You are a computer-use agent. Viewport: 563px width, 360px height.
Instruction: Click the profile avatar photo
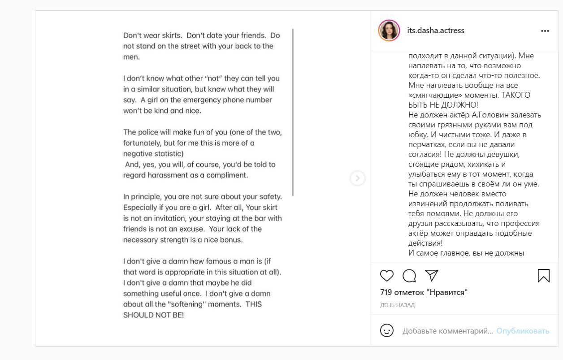(389, 30)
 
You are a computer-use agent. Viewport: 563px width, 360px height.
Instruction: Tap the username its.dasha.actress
(435, 30)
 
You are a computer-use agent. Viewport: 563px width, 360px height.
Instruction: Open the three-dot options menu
(545, 31)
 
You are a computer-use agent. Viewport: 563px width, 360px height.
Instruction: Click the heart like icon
(387, 276)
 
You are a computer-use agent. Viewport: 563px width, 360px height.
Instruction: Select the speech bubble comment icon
(409, 276)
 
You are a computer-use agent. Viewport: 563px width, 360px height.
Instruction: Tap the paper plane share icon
(431, 276)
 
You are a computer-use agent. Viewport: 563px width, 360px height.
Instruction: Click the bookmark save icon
(543, 276)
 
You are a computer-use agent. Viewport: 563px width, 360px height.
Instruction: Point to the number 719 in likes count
(386, 292)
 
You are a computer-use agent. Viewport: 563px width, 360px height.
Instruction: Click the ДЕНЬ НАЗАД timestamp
(397, 305)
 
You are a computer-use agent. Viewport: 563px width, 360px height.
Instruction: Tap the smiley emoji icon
(387, 331)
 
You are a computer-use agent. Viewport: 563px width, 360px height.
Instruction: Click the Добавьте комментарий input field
(447, 331)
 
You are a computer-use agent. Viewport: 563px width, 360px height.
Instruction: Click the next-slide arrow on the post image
(357, 178)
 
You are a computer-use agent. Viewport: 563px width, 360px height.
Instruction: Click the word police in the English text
(148, 132)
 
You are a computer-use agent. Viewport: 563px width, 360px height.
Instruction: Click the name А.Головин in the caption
(484, 115)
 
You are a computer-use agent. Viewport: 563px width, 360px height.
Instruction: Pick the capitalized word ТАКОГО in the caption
(515, 95)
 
